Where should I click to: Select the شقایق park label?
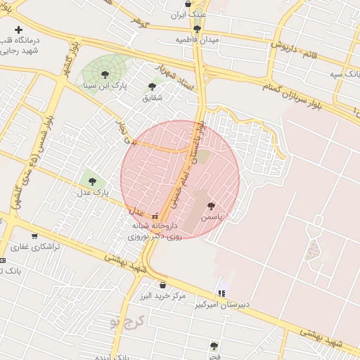[x=152, y=97]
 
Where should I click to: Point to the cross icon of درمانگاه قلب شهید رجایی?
[x=19, y=29]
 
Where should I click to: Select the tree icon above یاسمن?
[x=211, y=206]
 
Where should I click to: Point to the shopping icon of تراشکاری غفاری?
[x=34, y=236]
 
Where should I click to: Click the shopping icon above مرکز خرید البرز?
[x=163, y=285]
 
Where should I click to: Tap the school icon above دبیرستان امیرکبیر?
[x=222, y=292]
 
